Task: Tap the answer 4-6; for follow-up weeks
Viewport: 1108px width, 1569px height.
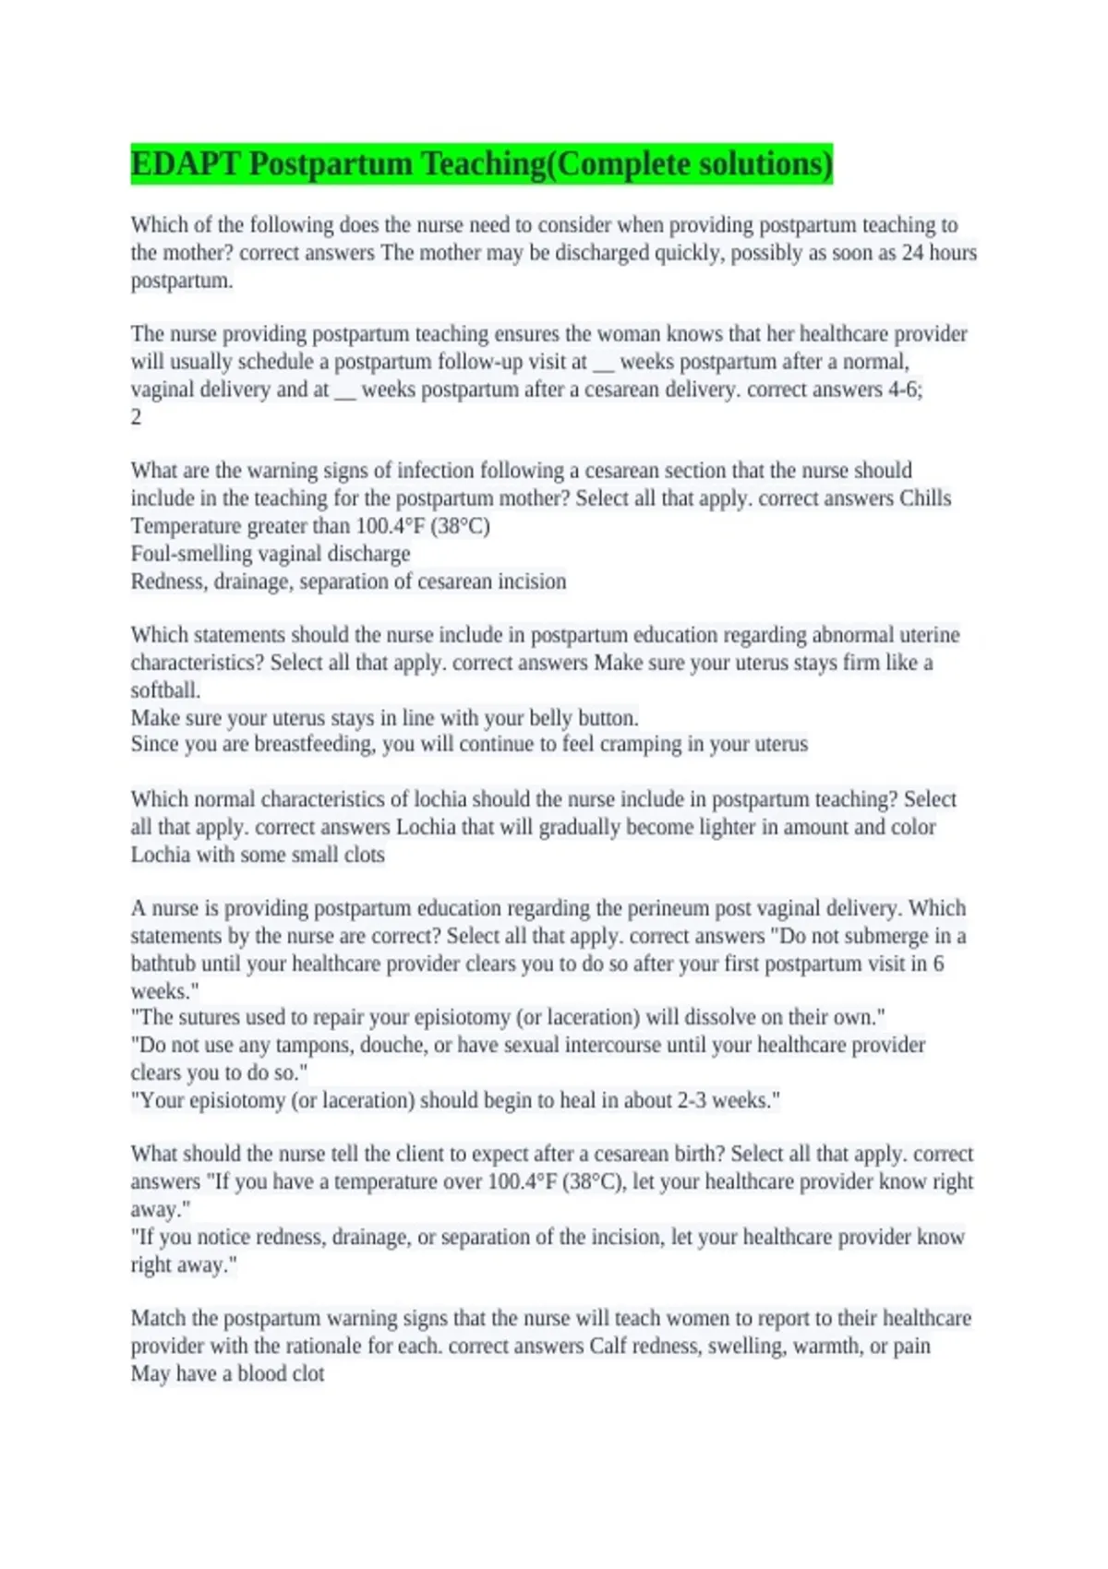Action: point(905,389)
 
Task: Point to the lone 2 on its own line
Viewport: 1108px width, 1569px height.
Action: point(136,417)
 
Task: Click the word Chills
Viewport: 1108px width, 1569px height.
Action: point(925,498)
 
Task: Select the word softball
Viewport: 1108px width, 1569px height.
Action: point(165,690)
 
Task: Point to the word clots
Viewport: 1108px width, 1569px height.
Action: point(364,855)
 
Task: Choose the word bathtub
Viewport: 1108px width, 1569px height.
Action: point(163,964)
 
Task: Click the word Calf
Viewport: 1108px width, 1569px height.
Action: point(608,1346)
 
